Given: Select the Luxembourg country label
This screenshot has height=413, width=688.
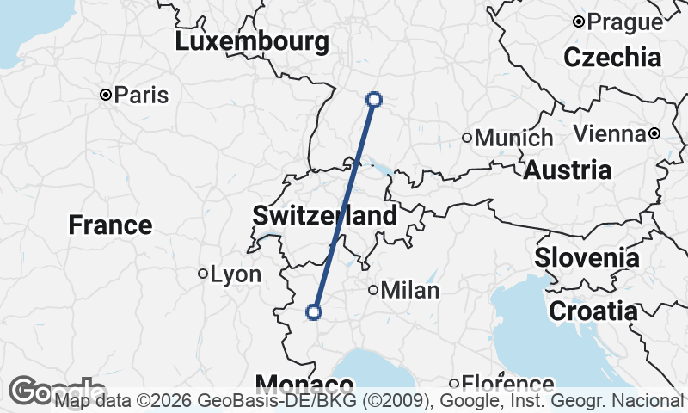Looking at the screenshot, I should click(251, 41).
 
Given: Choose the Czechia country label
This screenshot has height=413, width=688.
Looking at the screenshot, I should click(613, 58).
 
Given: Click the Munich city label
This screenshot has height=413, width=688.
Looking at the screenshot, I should click(513, 138).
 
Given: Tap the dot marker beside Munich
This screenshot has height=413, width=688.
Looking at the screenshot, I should click(467, 138).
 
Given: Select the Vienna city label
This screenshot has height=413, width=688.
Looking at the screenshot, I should click(609, 133).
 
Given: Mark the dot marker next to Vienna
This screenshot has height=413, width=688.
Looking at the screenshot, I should click(654, 133).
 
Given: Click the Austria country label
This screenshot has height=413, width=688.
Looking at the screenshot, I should click(568, 170).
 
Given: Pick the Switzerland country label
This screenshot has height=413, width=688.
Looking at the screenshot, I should click(324, 215).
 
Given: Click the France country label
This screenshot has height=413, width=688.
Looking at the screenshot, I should click(110, 225).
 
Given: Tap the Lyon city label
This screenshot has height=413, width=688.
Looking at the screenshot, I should click(235, 274).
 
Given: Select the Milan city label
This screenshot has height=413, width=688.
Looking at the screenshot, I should click(409, 291).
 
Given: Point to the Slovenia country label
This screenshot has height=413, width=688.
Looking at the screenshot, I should click(587, 257).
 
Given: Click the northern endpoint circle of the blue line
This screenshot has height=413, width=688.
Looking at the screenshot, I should click(374, 99).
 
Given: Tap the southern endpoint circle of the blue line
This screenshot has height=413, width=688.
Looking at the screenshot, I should click(314, 312).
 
